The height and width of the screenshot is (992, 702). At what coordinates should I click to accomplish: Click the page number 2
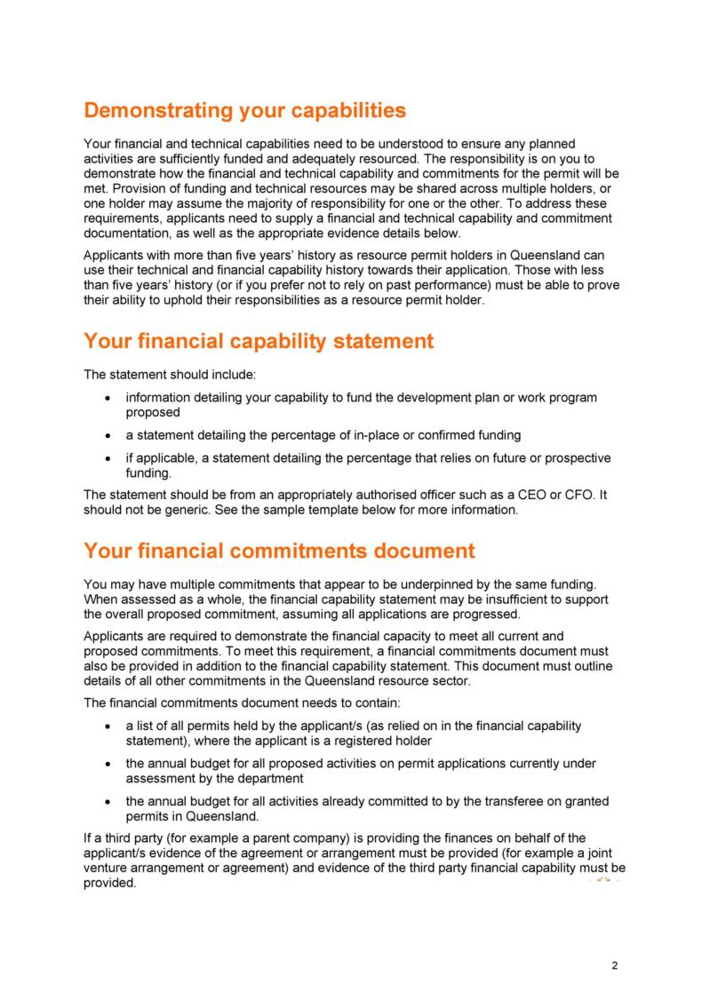click(614, 966)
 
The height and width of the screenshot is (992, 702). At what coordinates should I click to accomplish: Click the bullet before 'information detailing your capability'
click(108, 398)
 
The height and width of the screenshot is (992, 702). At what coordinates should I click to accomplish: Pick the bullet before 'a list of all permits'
click(108, 726)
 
